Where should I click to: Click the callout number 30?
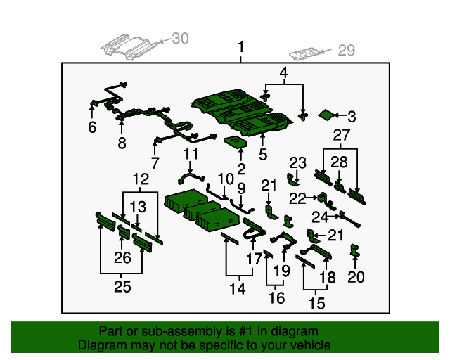180,39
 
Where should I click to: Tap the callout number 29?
347,51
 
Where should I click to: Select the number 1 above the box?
240,47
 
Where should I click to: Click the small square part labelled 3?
326,115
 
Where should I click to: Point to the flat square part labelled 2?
236,143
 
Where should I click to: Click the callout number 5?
263,155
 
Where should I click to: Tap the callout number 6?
92,127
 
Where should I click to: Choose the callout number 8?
122,143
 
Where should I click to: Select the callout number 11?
191,154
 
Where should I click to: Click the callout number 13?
138,207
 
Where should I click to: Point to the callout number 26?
122,257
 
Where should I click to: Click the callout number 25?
122,286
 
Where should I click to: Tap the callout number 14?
238,288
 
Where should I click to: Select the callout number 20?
356,277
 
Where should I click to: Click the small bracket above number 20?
354,250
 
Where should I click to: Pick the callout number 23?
297,163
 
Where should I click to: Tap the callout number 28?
339,162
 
